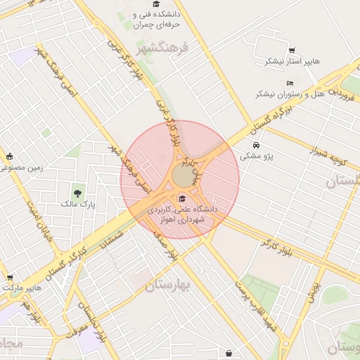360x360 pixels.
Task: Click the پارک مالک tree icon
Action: [x=77, y=191]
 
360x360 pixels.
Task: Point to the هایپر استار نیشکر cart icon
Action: [x=292, y=51]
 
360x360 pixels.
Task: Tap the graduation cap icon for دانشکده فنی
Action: [x=155, y=4]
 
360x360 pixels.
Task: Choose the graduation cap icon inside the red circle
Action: [x=183, y=198]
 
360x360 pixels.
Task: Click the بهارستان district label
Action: [x=168, y=285]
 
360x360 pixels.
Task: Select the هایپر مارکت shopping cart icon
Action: [x=9, y=278]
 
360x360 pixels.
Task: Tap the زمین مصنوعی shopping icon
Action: [x=9, y=157]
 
